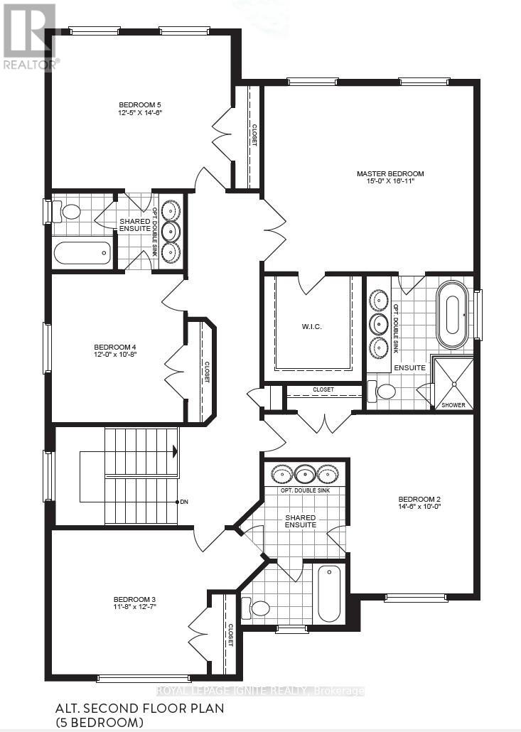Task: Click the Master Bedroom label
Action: [390, 173]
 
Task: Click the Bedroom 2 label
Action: [419, 498]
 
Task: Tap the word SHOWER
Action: [453, 405]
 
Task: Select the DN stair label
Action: [183, 502]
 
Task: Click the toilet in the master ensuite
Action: [385, 390]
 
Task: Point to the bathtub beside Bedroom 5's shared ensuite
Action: [82, 252]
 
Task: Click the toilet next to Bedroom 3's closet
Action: [259, 608]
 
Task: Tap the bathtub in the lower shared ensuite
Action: [328, 593]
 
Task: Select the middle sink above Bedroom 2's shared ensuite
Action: [305, 475]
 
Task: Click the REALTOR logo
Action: [29, 36]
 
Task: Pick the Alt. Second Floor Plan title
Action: [139, 708]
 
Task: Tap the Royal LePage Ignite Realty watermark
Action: [260, 691]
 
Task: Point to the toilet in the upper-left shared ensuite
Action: [71, 211]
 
